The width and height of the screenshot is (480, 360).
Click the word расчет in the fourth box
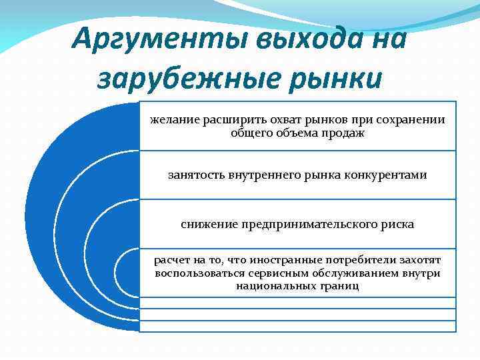click(x=172, y=260)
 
